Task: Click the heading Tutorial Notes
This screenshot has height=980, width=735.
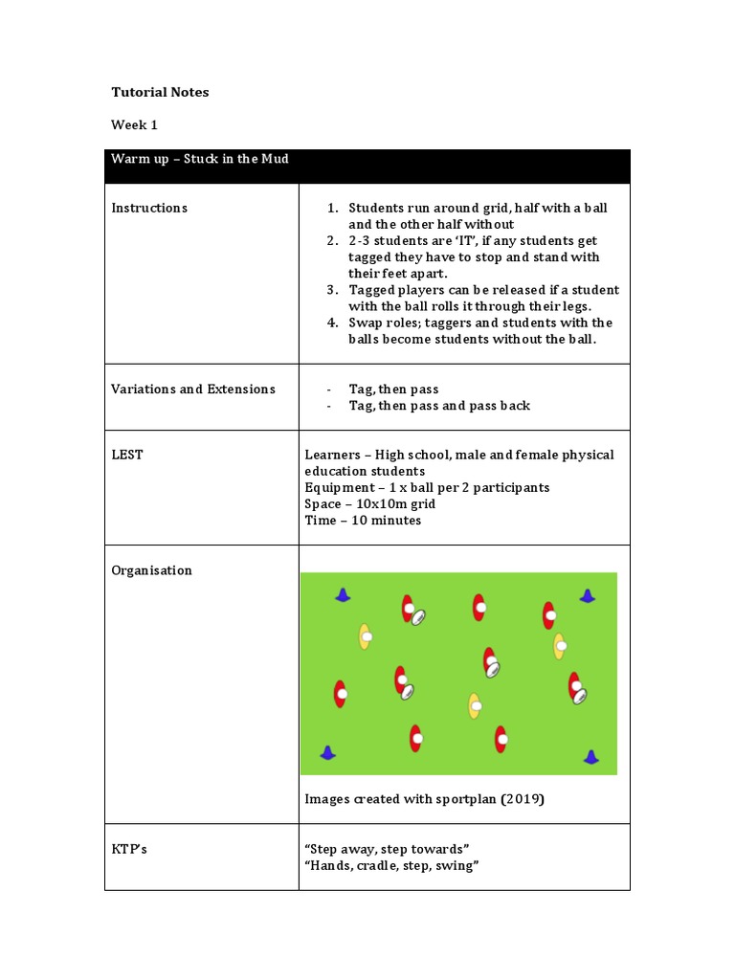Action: pos(160,93)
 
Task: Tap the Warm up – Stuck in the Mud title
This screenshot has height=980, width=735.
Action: pos(200,159)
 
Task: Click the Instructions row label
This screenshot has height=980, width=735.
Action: pos(149,208)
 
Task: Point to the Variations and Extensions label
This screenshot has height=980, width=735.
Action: pos(193,390)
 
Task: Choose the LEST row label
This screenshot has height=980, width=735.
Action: pos(127,455)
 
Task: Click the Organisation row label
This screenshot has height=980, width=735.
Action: pos(151,570)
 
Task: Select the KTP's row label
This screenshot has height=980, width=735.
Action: pos(129,850)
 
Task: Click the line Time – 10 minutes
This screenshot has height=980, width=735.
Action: pos(363,521)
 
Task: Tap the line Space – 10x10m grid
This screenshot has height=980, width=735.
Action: pos(369,504)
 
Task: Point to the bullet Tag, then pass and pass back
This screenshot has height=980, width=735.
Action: pos(439,406)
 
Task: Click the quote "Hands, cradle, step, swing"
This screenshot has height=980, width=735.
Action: pos(391,866)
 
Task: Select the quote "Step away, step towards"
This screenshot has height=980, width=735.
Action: pos(387,850)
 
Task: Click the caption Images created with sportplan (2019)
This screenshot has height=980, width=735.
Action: pos(424,799)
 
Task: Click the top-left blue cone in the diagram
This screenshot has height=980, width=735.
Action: pos(343,595)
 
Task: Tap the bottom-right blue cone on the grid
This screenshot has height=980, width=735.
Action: pos(590,757)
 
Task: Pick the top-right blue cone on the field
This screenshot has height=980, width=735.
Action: pos(587,595)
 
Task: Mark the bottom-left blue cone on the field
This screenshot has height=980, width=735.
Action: pos(328,753)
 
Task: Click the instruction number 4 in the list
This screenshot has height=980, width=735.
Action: pos(332,323)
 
